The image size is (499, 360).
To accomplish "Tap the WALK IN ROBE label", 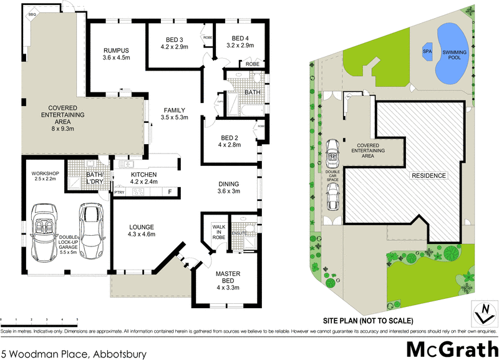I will [x=218, y=231].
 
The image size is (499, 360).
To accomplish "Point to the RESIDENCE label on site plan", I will [x=428, y=176].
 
